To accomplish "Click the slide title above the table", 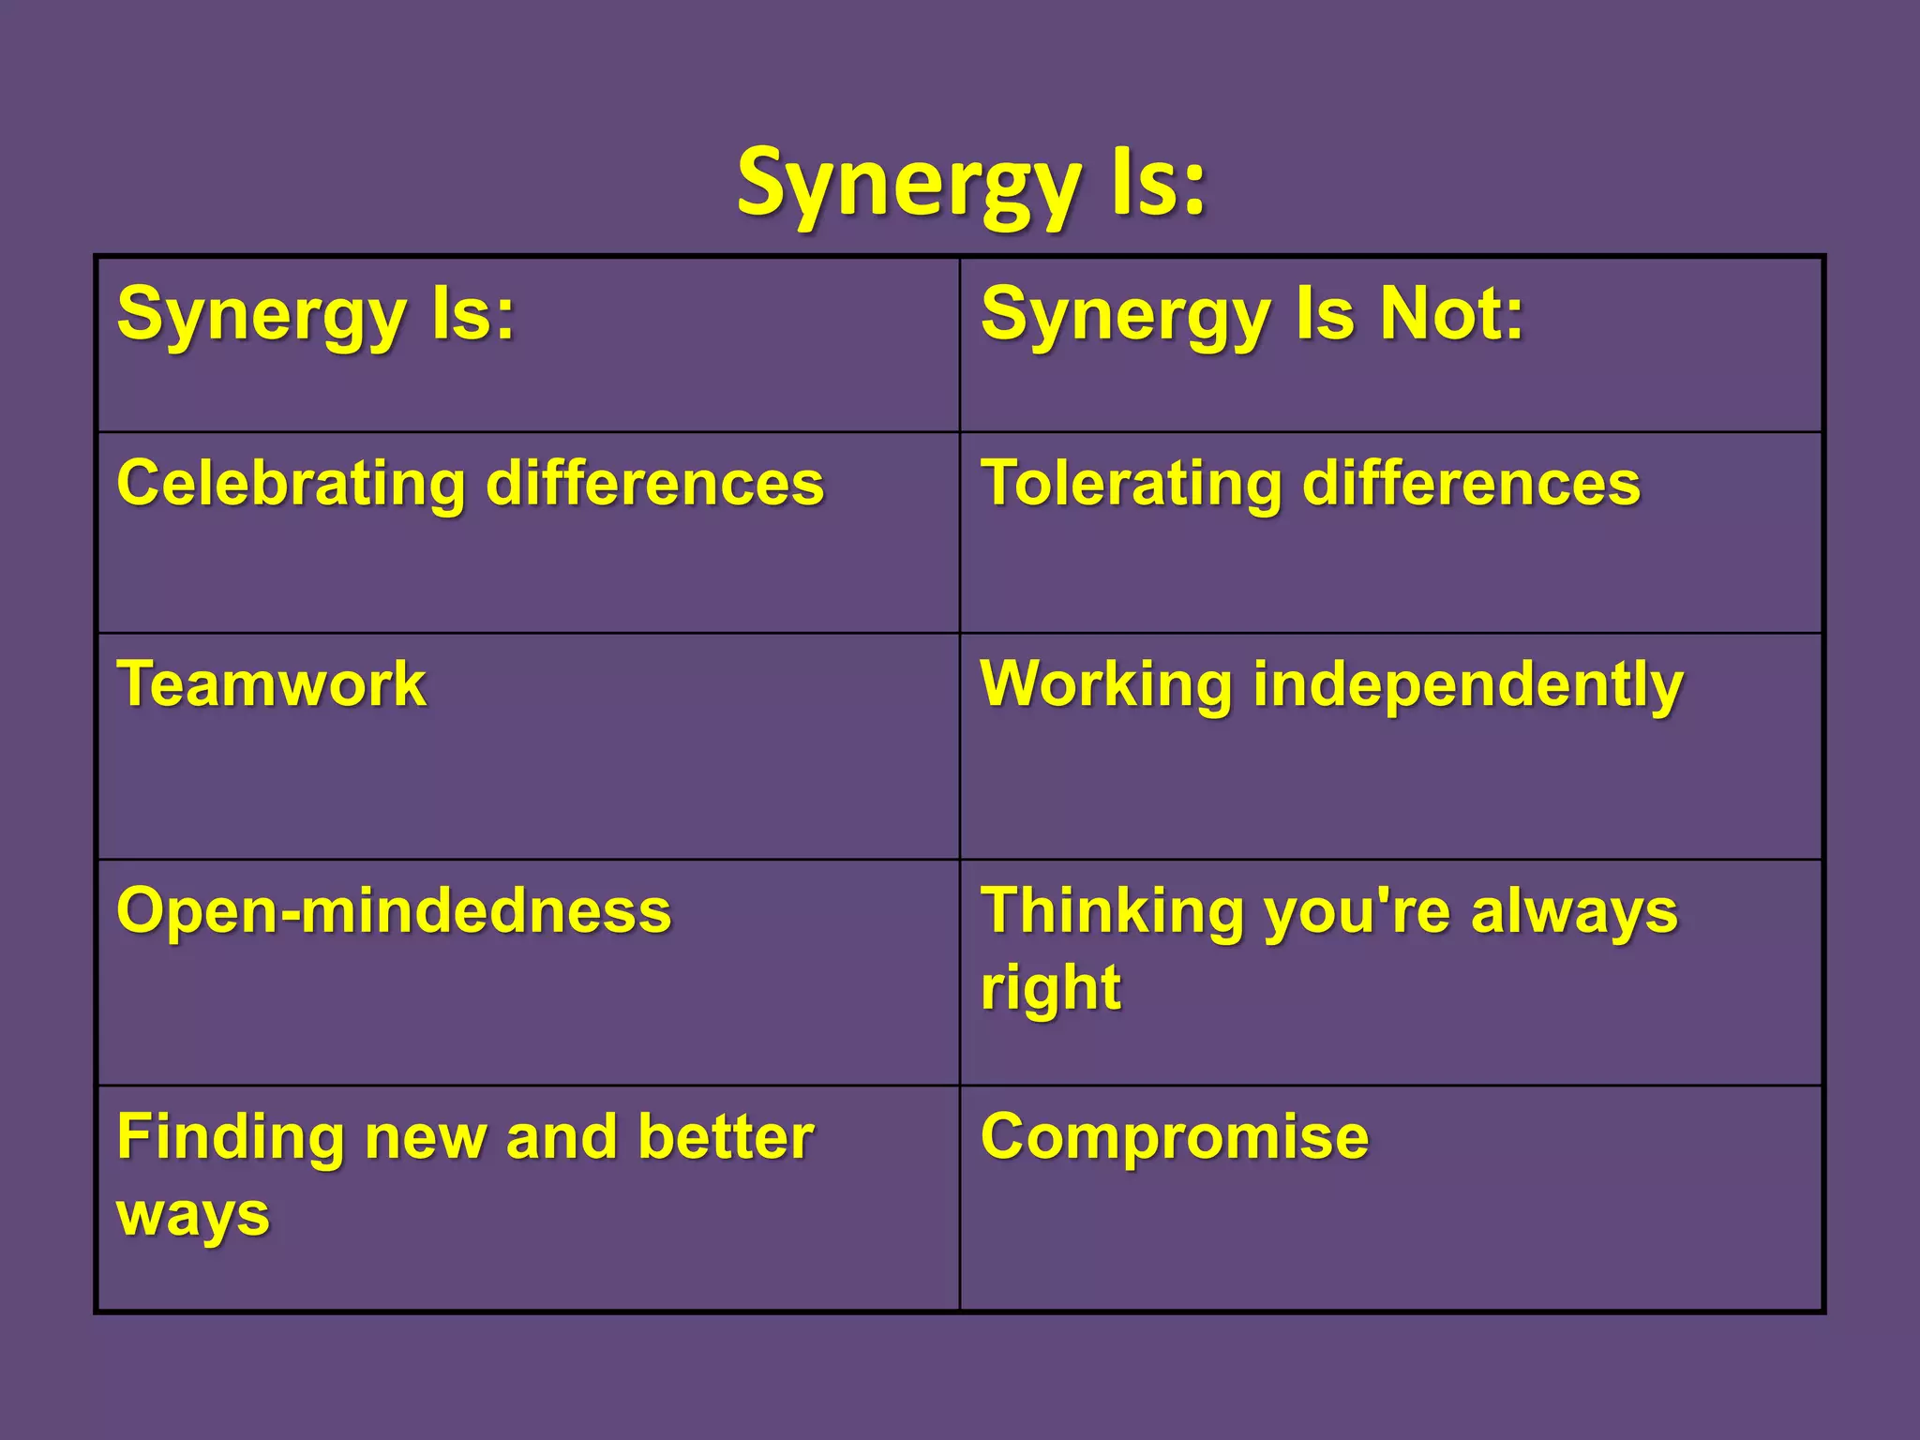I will coord(971,184).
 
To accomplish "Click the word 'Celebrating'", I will coord(291,484).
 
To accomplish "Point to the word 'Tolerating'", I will coord(1131,484).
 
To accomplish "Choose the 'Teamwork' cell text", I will coord(272,683).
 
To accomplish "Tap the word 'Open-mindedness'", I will coord(394,911).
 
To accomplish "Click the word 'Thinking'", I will coord(1112,911).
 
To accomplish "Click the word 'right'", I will coord(1050,989).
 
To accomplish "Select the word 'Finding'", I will coord(231,1137).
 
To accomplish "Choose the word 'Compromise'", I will coord(1175,1137).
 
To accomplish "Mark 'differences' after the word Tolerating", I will coord(1471,484).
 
